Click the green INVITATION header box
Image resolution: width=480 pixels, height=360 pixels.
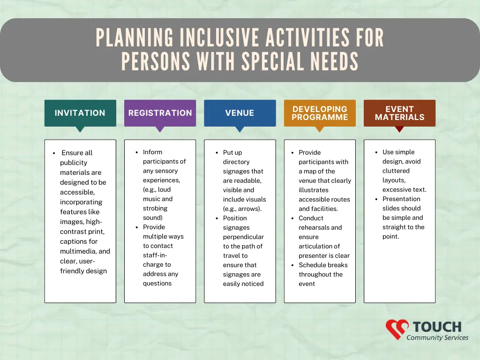click(80, 113)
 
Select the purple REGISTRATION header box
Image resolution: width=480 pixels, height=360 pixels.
click(160, 113)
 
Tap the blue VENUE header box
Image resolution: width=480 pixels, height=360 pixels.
click(240, 113)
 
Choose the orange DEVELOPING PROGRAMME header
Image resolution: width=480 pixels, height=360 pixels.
click(320, 113)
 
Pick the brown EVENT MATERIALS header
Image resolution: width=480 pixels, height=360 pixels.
click(399, 113)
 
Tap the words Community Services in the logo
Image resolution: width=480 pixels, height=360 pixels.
click(437, 337)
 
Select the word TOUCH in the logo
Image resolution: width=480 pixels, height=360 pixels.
click(437, 327)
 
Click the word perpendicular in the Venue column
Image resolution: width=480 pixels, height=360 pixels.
click(243, 237)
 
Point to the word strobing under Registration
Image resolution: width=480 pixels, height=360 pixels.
click(155, 208)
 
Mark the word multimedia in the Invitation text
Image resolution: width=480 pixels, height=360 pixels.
click(78, 251)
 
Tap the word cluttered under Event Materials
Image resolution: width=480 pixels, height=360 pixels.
click(396, 171)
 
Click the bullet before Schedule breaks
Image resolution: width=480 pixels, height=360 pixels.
click(292, 265)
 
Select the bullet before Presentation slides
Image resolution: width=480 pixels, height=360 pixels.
click(376, 199)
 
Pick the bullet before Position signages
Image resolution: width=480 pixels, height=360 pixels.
click(217, 218)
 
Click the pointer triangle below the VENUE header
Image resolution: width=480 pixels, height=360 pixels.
click(240, 129)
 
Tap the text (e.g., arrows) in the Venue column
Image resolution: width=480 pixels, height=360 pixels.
click(242, 209)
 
